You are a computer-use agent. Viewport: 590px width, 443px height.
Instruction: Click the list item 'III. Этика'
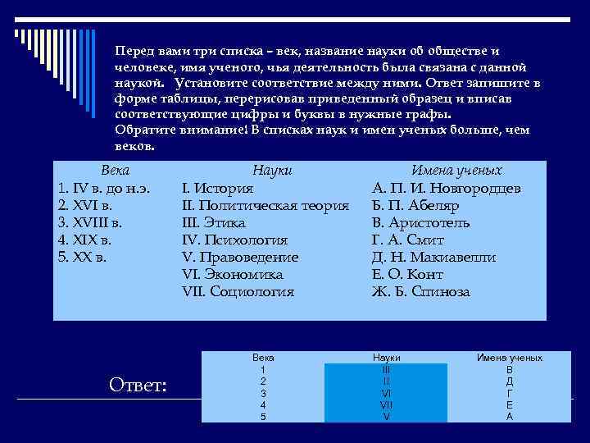tap(213, 222)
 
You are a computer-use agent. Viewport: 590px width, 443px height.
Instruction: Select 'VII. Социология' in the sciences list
tap(238, 291)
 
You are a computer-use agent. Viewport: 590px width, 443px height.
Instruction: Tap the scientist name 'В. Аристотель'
tap(420, 222)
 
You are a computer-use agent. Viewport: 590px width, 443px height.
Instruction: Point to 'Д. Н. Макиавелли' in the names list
tap(433, 257)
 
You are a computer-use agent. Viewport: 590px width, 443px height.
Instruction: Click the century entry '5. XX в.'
tap(83, 257)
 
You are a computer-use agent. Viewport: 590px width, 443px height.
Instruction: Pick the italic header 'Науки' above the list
tap(273, 171)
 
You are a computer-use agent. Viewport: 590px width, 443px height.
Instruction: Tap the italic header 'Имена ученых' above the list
tap(456, 171)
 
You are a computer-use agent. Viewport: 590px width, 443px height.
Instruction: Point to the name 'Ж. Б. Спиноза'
tap(421, 291)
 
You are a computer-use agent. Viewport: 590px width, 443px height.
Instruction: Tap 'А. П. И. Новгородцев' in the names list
tap(447, 188)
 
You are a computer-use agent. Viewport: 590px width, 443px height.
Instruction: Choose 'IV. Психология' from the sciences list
tap(234, 240)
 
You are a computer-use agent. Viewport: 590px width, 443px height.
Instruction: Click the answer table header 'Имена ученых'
tap(509, 359)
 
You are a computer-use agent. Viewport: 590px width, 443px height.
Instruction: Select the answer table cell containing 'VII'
tap(386, 404)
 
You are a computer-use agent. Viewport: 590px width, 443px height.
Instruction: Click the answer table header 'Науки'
tap(386, 359)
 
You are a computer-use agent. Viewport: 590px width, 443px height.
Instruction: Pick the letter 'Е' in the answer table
tap(509, 404)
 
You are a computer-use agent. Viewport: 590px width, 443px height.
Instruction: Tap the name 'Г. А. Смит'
tap(409, 240)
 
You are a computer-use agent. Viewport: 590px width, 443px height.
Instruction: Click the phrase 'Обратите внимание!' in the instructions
tap(181, 130)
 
